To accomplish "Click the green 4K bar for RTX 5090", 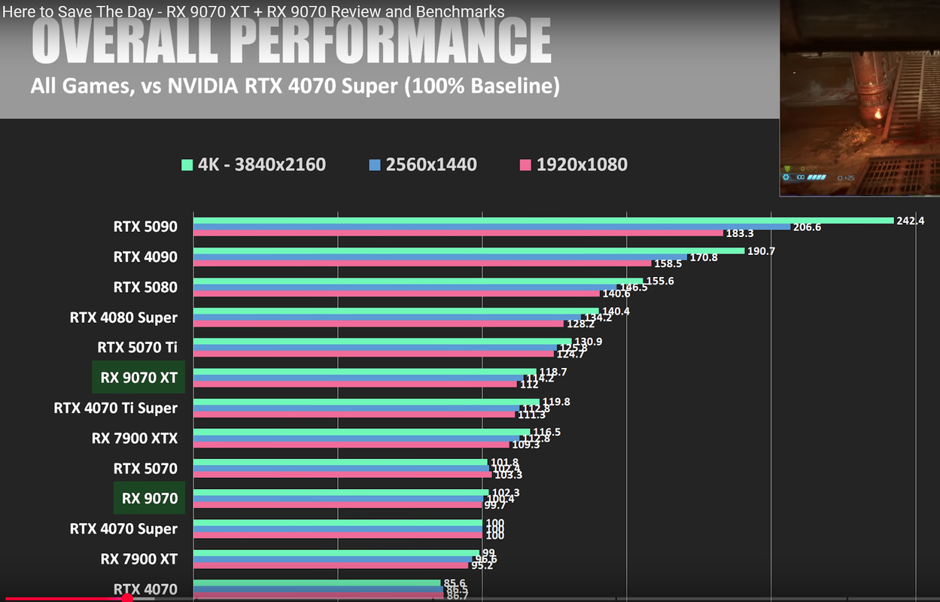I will pos(542,220).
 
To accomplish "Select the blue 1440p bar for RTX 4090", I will pos(440,257).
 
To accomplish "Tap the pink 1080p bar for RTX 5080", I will pos(397,293).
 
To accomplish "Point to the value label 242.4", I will pos(910,220).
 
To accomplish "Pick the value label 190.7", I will pos(761,251).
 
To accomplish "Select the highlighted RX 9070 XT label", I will pos(138,378).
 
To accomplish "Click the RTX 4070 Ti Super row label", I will pos(115,408).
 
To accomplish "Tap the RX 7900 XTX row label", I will pos(134,438).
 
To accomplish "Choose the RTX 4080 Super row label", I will pos(123,318).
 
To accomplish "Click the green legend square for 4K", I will pos(186,165).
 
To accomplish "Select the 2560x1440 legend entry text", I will pos(431,165).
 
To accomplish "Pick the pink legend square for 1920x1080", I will pos(525,165).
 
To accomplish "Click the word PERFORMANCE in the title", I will pos(394,41).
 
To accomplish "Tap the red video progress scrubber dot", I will pos(127,598).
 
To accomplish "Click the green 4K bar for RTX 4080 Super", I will pos(396,311).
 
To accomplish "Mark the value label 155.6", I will pos(660,281).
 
